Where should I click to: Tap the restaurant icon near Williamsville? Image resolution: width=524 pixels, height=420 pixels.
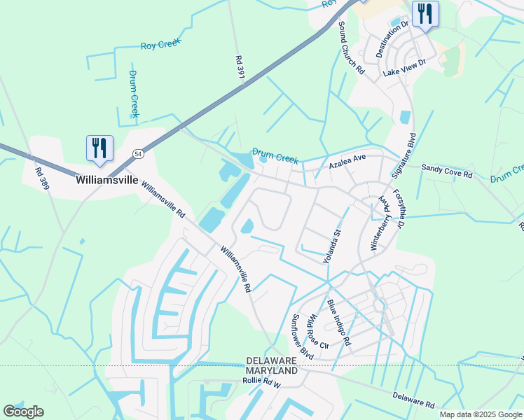point(99,148)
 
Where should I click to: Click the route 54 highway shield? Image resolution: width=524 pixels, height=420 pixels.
point(139,153)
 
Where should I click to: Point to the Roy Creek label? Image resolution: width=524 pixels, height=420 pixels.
point(160,44)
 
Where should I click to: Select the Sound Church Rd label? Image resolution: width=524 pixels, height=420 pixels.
point(351,48)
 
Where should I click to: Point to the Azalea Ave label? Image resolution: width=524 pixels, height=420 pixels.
point(347,163)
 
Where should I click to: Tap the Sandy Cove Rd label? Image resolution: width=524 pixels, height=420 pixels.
point(447,171)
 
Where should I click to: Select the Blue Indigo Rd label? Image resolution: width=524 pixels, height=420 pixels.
point(338,322)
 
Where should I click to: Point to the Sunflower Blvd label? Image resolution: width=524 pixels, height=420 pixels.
point(302,337)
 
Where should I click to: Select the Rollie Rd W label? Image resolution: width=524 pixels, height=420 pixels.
point(261,384)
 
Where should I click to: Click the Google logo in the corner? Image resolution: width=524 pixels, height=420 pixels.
point(23,412)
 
